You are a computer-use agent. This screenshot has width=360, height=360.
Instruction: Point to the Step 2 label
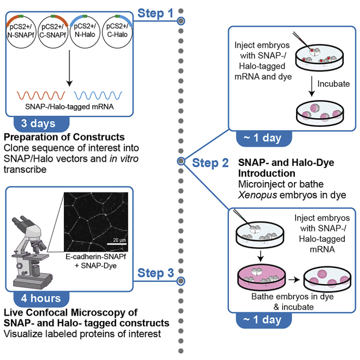click(210, 163)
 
